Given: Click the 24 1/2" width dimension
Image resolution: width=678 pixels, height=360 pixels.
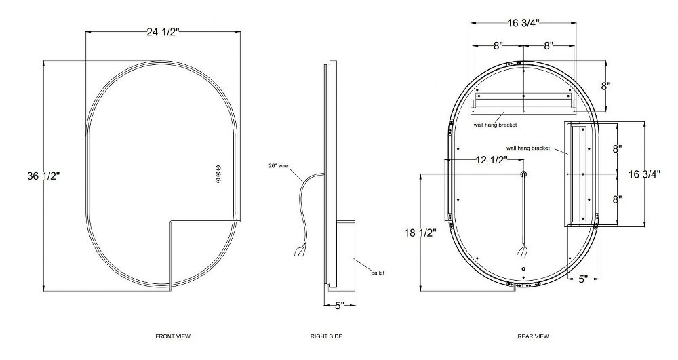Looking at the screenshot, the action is coord(163,32).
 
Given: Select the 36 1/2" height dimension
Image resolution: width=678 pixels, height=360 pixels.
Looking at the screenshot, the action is coord(43,176).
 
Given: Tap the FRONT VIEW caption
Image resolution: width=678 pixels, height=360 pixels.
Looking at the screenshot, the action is coord(173,336).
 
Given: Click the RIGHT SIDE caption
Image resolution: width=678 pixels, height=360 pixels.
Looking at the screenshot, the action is coord(326,336).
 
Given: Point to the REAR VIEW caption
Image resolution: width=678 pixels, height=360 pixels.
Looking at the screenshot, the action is coord(533,336).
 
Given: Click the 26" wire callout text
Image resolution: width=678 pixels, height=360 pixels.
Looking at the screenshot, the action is coord(279,165).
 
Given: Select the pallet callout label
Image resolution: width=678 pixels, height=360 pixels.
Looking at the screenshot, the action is coord(378,273).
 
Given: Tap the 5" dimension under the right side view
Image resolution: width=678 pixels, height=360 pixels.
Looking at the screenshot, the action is coord(340,306).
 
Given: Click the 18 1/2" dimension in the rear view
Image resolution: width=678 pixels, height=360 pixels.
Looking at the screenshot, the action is coord(421,233).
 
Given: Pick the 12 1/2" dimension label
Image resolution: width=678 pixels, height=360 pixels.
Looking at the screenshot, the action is coord(492,160).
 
